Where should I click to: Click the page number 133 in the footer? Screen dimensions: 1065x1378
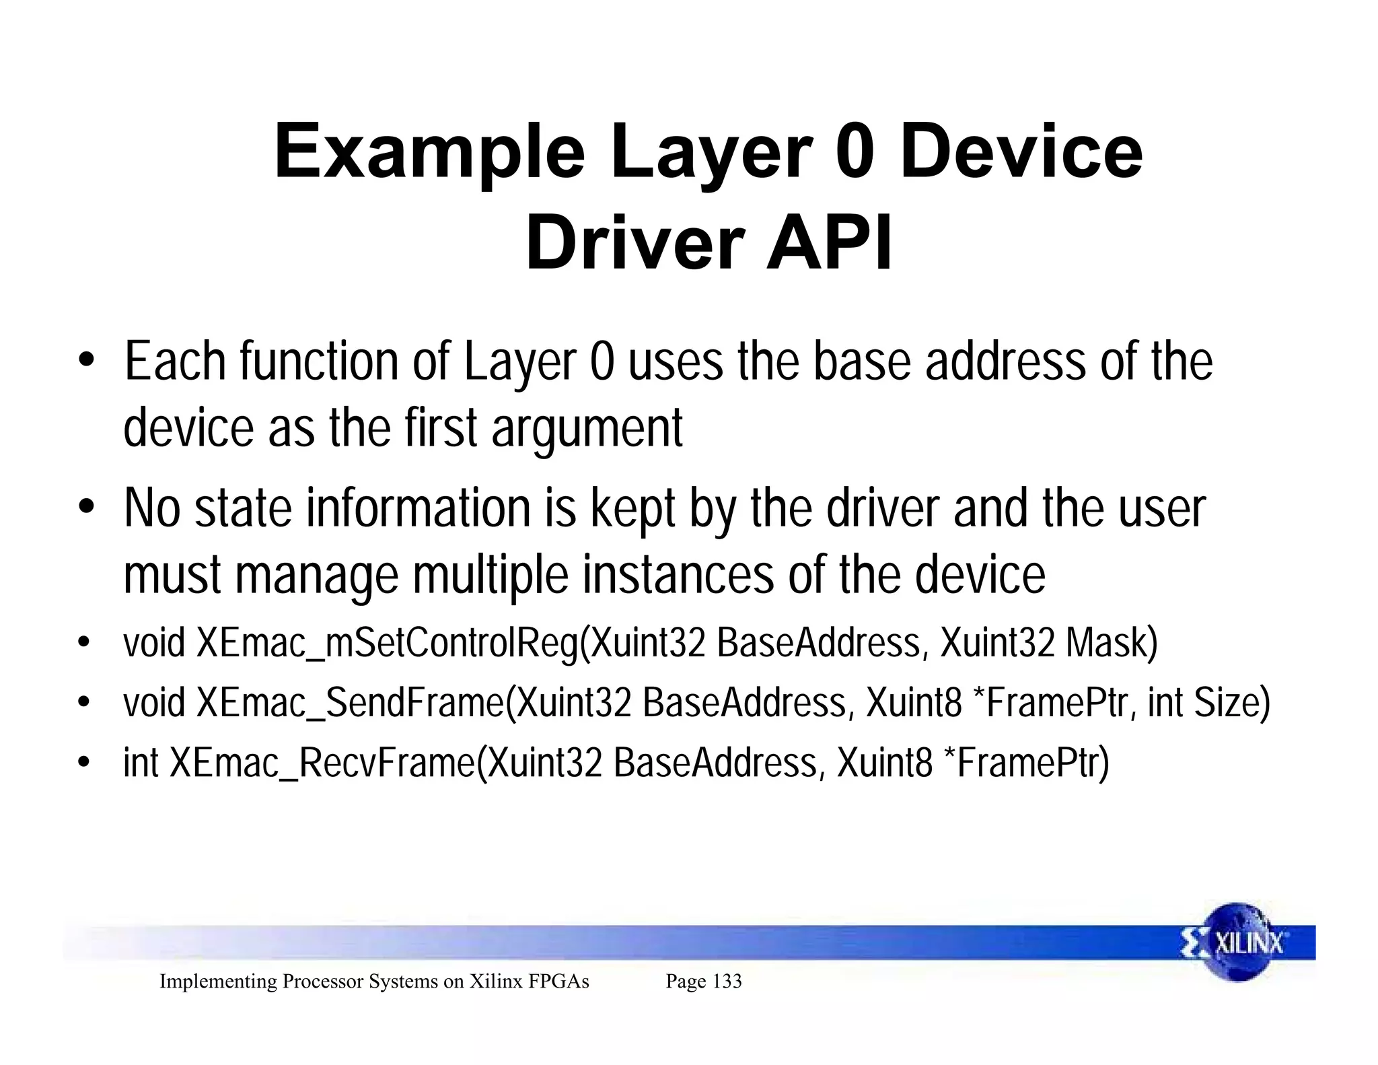[x=727, y=982]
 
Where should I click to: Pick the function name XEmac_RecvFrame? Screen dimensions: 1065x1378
[x=323, y=763]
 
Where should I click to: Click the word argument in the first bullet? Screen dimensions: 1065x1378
[x=587, y=429]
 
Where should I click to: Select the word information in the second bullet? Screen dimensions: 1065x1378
[x=419, y=509]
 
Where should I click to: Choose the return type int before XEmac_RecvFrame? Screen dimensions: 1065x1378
[x=141, y=763]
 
